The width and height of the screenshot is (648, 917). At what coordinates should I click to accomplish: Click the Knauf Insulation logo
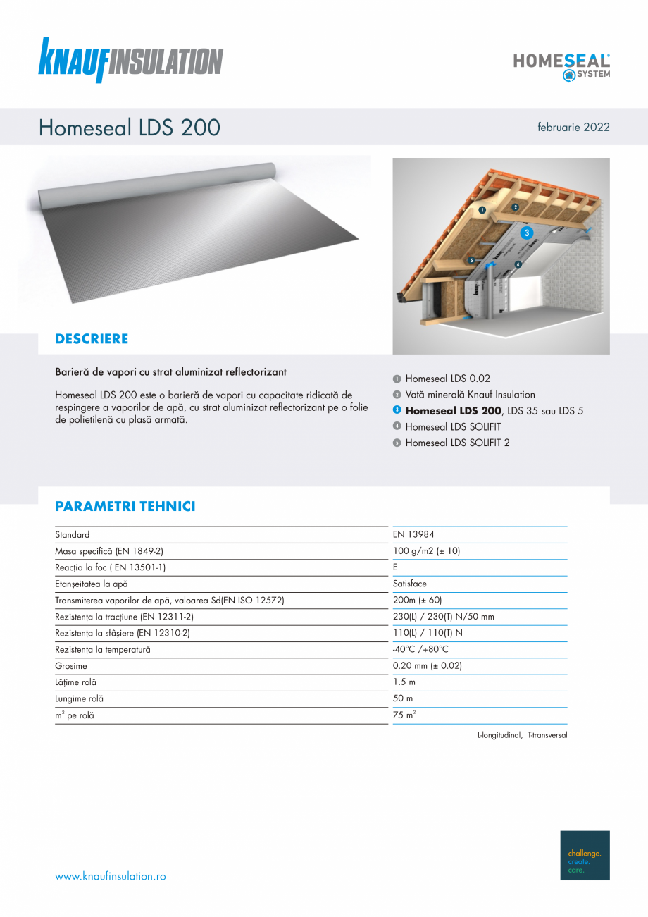[x=131, y=60]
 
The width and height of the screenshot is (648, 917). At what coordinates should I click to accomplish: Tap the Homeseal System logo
[x=561, y=66]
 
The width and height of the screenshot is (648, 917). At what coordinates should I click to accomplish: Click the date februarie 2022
[x=573, y=128]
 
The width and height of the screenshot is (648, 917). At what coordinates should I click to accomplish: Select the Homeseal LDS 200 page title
[x=130, y=128]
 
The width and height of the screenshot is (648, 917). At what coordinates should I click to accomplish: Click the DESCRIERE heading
[x=92, y=339]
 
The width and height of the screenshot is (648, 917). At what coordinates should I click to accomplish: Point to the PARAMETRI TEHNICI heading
[x=125, y=507]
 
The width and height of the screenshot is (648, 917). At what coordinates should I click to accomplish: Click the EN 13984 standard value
[x=413, y=535]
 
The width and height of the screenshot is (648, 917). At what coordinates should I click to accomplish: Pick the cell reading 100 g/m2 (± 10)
[x=426, y=551]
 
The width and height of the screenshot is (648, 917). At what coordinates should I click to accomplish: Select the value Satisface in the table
[x=410, y=584]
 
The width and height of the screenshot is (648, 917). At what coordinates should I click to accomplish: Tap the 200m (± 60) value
[x=417, y=601]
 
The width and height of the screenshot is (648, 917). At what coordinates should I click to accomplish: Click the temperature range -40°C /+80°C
[x=420, y=649]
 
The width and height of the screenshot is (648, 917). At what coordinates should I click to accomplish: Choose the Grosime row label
[x=71, y=666]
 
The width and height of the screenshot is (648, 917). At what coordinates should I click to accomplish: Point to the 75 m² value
[x=404, y=715]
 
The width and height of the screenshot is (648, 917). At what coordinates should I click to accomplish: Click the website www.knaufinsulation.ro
[x=111, y=876]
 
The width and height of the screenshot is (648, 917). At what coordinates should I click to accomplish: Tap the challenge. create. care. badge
[x=585, y=855]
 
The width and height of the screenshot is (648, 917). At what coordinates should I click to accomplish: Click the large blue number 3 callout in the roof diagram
[x=528, y=232]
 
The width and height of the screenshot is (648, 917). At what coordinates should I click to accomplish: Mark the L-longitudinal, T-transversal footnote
[x=522, y=735]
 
